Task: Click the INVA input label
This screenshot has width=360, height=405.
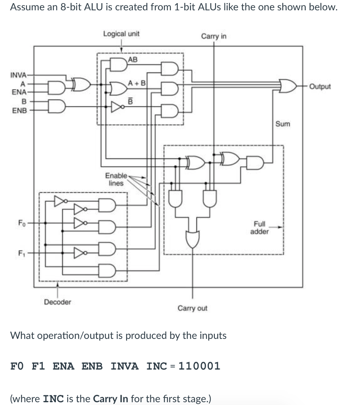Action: click(18, 75)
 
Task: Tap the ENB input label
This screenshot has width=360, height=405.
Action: click(19, 110)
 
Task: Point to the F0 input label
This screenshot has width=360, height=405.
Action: click(22, 222)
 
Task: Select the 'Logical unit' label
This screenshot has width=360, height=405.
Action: click(121, 34)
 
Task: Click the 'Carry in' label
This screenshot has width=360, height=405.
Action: click(214, 36)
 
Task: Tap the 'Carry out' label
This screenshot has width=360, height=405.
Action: click(192, 308)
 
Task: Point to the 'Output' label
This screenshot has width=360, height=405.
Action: click(320, 87)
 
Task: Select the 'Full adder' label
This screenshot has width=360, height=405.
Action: click(260, 228)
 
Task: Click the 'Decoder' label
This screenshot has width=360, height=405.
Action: click(58, 302)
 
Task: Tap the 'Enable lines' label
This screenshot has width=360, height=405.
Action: click(116, 179)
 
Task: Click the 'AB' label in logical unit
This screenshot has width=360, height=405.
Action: click(133, 60)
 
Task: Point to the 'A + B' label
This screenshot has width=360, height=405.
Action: click(137, 83)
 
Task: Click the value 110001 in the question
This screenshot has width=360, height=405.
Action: click(199, 366)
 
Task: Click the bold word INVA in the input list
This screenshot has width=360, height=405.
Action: click(125, 366)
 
